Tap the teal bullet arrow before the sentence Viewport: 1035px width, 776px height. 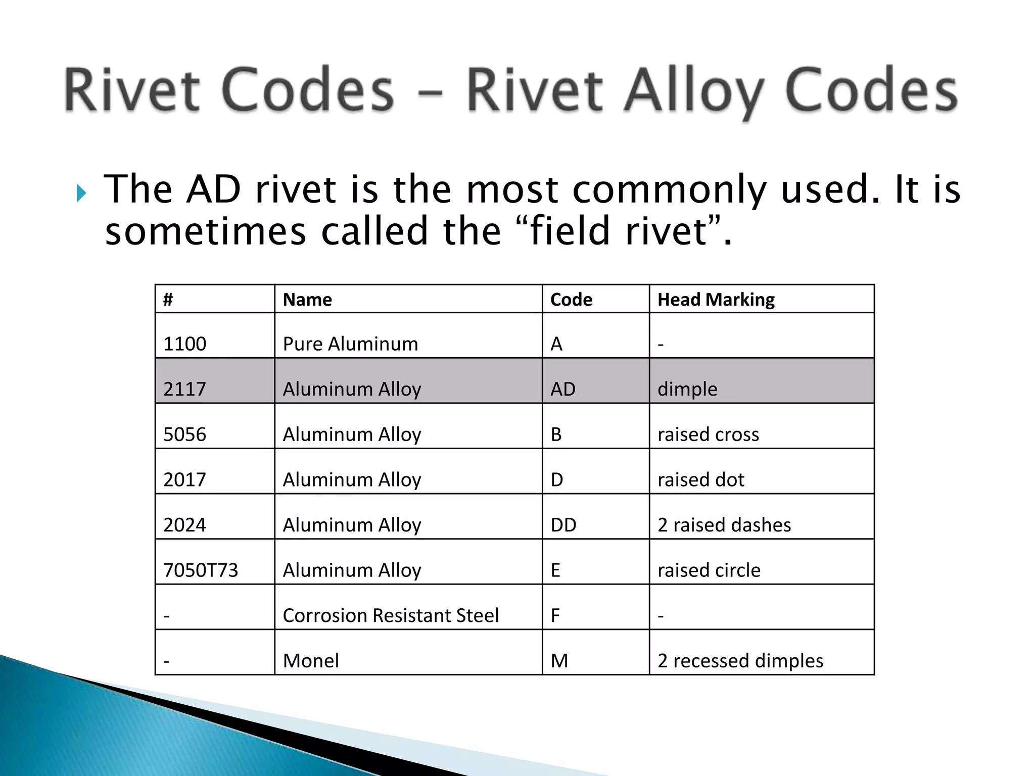(x=81, y=193)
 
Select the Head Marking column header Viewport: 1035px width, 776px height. (x=716, y=300)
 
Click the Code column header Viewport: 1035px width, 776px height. (x=571, y=300)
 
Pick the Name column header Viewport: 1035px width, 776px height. (x=307, y=300)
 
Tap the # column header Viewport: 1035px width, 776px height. (x=168, y=300)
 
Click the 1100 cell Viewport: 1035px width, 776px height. (x=185, y=344)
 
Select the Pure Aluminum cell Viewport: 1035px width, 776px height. (x=350, y=344)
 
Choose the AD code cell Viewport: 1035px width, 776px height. (x=563, y=389)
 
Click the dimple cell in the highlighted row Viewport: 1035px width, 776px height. (x=687, y=389)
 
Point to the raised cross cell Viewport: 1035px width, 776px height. (x=708, y=434)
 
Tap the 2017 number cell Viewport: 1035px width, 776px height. (x=185, y=479)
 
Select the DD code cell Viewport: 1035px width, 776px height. (x=563, y=525)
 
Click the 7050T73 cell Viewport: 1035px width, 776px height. (x=201, y=570)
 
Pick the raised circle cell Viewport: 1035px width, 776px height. (x=709, y=570)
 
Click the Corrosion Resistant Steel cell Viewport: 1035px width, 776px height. (x=391, y=615)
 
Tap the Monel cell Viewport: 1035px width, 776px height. (x=311, y=661)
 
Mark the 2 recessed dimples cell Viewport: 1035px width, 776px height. (x=740, y=661)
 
